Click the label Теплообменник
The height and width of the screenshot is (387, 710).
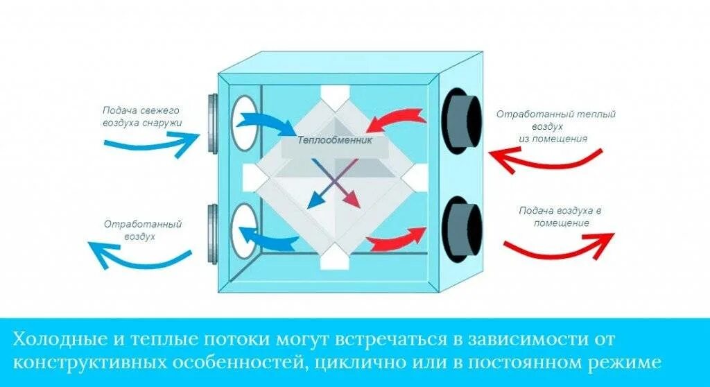(x=335, y=140)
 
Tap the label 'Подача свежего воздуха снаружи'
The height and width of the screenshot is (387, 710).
(x=141, y=117)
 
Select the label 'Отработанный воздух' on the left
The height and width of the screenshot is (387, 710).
(x=143, y=230)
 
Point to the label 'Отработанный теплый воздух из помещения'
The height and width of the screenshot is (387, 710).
(x=555, y=126)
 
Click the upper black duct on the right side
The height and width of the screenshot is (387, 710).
(x=460, y=120)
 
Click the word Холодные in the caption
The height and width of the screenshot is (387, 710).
(x=59, y=340)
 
